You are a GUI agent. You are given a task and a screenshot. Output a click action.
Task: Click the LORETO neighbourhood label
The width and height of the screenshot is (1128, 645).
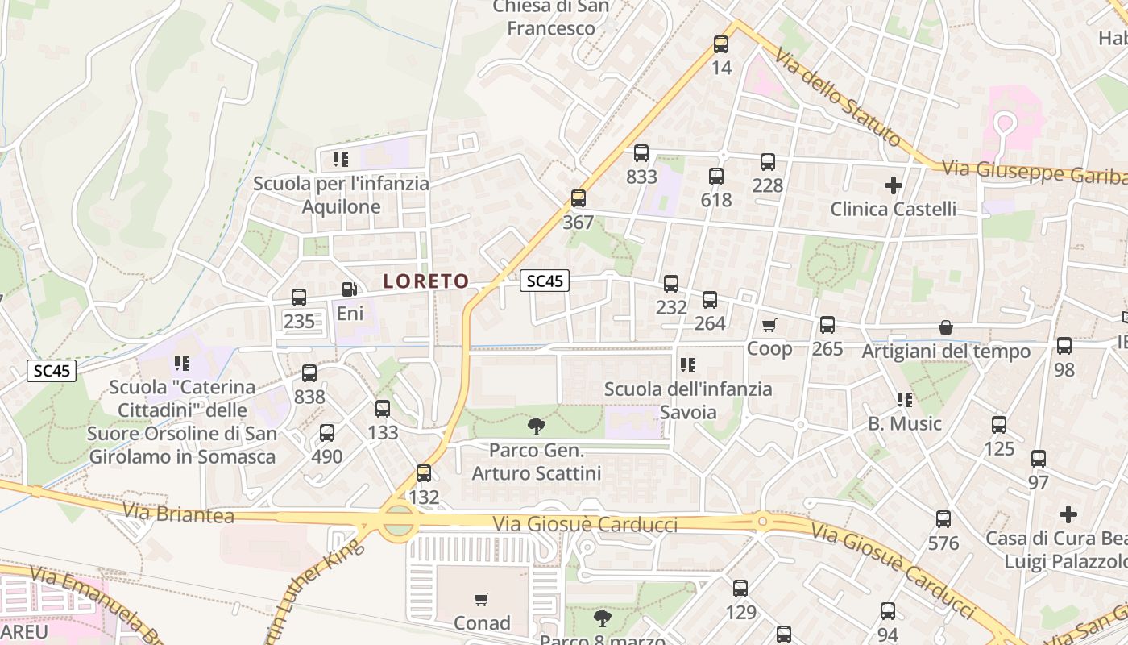[x=426, y=281]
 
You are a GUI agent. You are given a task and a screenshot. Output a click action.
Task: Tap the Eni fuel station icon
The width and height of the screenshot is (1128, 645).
[x=350, y=289]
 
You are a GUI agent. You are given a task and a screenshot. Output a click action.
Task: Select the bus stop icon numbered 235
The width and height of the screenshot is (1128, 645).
[x=299, y=298]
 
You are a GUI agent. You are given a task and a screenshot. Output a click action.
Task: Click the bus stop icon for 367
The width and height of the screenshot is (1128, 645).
[x=578, y=198]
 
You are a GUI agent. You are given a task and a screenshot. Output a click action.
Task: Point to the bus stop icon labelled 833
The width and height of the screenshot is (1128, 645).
[x=641, y=153]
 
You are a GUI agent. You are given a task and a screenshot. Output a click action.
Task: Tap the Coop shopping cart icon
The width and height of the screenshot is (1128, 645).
[x=769, y=325]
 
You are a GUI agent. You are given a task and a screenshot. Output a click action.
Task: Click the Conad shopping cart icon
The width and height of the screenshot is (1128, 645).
[x=482, y=599]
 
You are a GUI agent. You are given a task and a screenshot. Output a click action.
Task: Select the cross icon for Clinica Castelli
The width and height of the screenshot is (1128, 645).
[x=893, y=185]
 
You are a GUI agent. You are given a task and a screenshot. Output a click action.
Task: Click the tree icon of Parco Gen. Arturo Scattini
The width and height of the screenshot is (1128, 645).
[x=536, y=426]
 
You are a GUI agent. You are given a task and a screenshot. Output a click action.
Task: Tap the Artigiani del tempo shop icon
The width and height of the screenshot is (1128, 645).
[x=946, y=327]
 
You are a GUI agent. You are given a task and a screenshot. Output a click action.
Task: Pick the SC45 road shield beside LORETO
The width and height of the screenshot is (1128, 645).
[x=545, y=281]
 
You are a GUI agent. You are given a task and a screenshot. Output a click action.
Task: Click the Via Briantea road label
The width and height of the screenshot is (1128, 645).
[x=179, y=514]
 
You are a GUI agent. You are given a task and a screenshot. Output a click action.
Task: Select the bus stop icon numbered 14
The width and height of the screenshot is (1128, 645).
[x=721, y=44]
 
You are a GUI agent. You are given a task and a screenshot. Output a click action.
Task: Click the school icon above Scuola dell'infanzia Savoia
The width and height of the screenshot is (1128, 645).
[x=687, y=365]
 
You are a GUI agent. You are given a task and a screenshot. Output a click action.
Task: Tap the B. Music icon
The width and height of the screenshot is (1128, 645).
[x=905, y=400]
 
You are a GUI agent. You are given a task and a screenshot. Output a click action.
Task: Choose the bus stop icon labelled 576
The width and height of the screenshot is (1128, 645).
[x=943, y=519]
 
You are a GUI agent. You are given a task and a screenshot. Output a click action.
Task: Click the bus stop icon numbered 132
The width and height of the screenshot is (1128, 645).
[x=424, y=473]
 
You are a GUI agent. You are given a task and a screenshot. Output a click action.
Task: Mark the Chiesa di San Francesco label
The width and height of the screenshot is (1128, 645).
[x=551, y=18]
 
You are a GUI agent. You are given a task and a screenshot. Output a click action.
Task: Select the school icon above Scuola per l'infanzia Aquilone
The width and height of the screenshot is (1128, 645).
[x=341, y=159]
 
